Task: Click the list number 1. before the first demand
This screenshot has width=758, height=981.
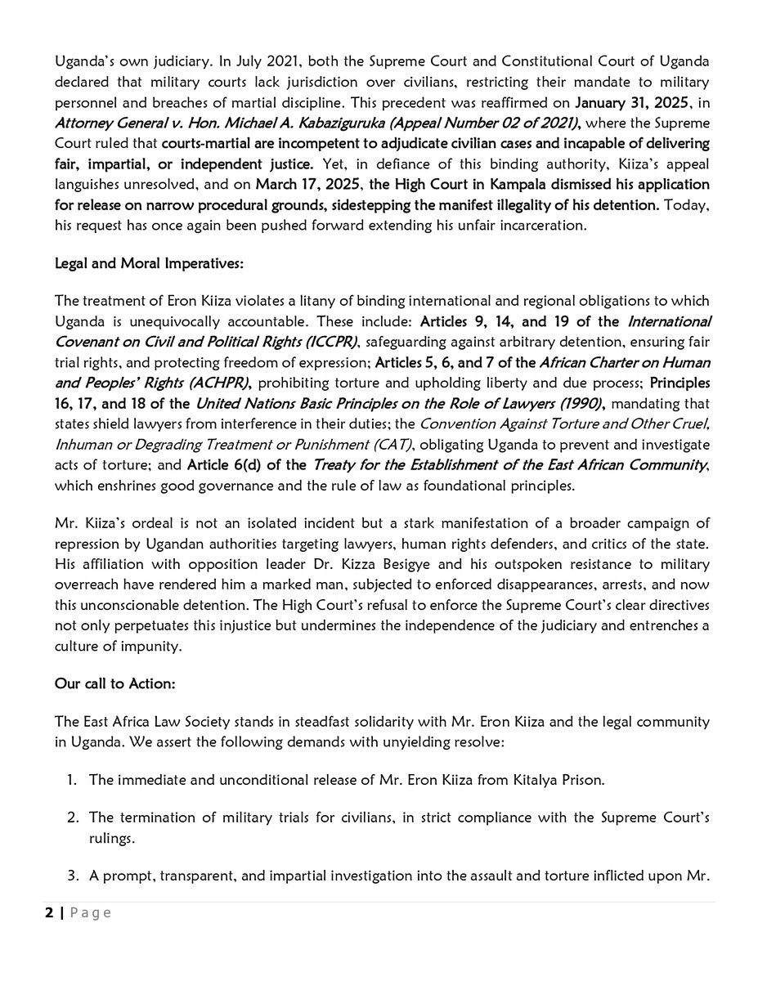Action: [74, 779]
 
